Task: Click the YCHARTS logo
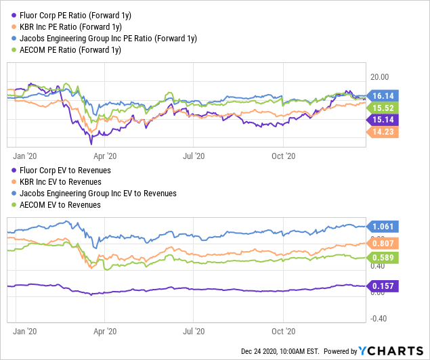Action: (395, 351)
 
